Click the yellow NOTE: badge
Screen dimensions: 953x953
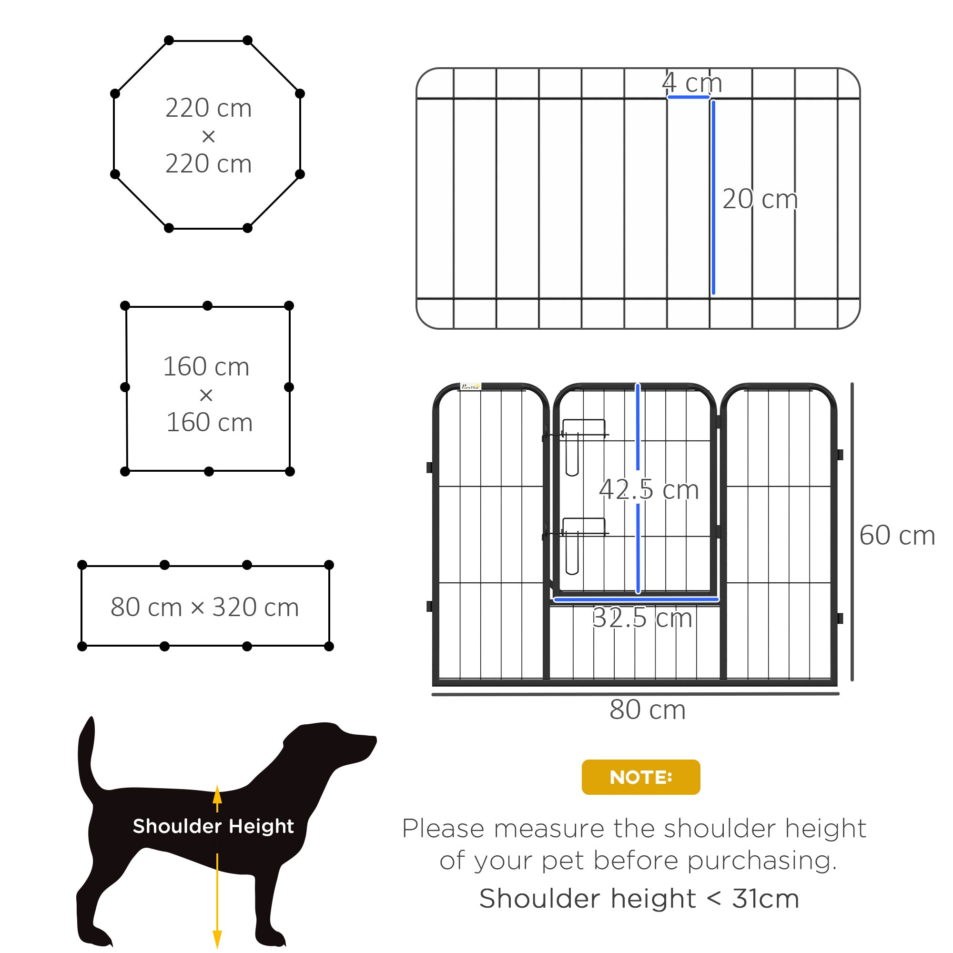[640, 777]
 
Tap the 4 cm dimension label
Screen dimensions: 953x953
[692, 82]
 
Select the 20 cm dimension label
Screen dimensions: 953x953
[760, 199]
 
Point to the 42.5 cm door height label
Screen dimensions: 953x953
[649, 490]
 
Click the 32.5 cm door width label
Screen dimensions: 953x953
[642, 618]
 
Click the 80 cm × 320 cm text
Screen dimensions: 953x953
[205, 607]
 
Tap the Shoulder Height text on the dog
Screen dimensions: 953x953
[213, 826]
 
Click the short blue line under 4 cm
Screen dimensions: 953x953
[688, 97]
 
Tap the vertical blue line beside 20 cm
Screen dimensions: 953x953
[713, 197]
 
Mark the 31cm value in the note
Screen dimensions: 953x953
[765, 898]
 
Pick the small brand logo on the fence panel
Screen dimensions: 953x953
[470, 387]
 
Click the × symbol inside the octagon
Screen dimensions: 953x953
[208, 137]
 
